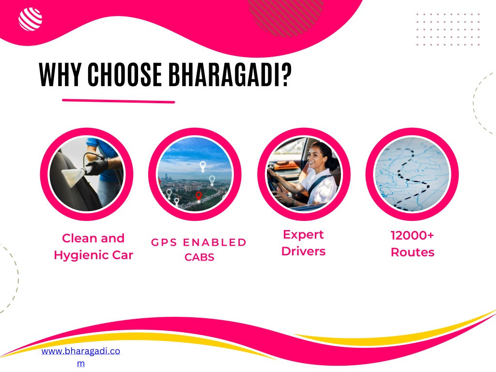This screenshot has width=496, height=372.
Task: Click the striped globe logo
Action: click(31, 19)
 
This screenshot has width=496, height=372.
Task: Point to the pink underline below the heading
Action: click(118, 101)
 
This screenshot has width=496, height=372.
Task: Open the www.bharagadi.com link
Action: click(81, 357)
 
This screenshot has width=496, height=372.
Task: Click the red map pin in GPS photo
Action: click(199, 196)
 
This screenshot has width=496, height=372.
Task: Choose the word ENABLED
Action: click(215, 242)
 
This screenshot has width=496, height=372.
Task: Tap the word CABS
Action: click(199, 257)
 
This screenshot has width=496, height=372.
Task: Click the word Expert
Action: click(303, 235)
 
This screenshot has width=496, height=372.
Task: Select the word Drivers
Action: click(303, 251)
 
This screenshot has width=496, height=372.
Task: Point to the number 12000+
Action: click(412, 236)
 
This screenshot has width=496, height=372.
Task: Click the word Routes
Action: click(413, 252)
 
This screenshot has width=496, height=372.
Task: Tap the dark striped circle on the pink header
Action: click(286, 16)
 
